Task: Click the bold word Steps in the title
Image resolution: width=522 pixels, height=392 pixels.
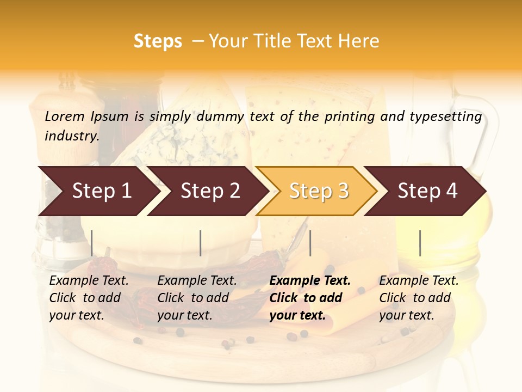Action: [x=158, y=41]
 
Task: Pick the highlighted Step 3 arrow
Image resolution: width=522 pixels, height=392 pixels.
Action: [x=318, y=191]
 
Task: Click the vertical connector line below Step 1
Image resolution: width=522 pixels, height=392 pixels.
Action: [x=92, y=243]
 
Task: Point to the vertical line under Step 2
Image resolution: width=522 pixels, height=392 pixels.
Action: [x=201, y=243]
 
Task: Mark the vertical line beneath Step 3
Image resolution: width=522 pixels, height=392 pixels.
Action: [x=310, y=243]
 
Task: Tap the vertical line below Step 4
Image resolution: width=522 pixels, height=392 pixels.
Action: [x=420, y=243]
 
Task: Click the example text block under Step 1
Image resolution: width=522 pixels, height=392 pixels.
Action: [x=89, y=298]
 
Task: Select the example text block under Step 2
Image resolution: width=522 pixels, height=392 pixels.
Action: [x=197, y=298]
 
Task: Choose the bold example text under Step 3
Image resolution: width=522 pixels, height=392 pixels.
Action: [x=310, y=298]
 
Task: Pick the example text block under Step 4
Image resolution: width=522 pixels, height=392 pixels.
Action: [x=419, y=298]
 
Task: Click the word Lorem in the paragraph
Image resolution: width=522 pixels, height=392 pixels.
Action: [x=65, y=116]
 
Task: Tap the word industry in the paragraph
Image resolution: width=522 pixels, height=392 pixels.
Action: [x=71, y=136]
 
